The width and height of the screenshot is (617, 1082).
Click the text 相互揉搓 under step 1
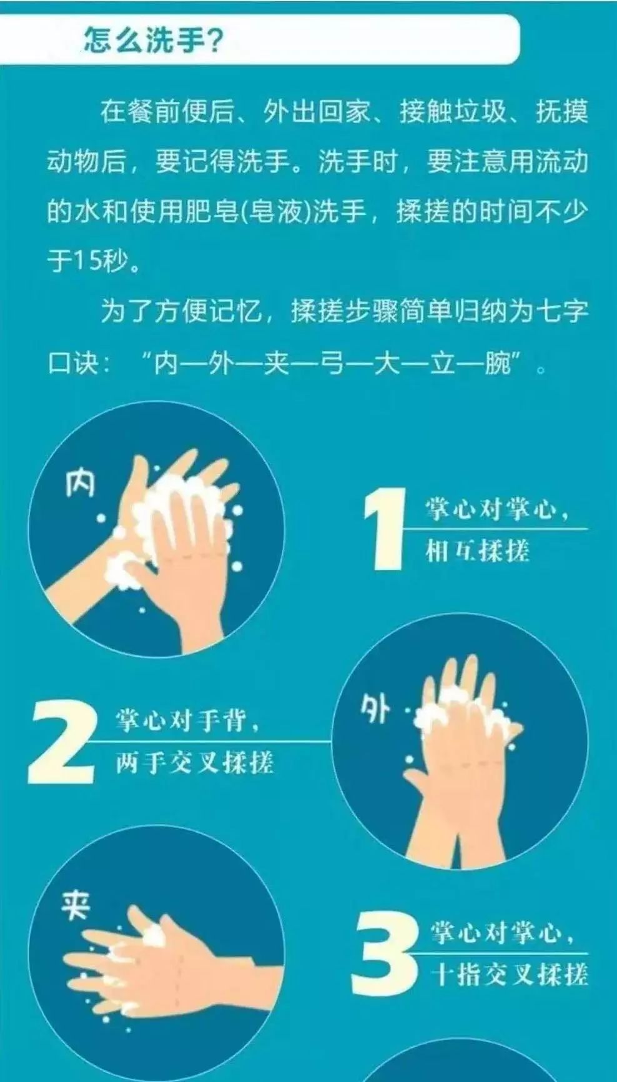click(x=478, y=551)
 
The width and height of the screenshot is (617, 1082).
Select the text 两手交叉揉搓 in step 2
click(x=194, y=763)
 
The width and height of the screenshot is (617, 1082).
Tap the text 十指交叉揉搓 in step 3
click(x=509, y=975)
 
